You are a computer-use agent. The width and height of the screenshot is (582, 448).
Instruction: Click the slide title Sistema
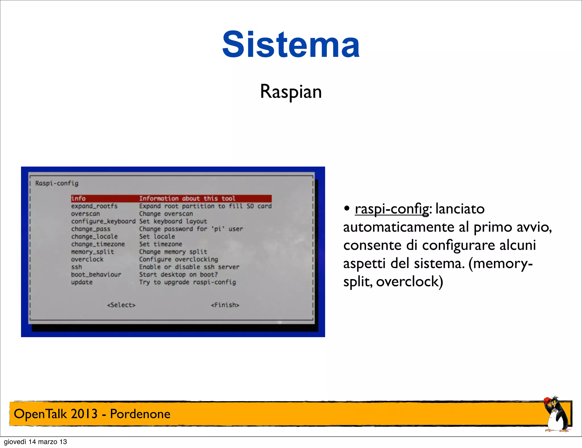291,45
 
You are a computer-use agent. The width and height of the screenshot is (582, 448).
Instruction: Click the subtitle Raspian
291,92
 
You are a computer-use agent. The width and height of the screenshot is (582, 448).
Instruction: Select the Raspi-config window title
57,183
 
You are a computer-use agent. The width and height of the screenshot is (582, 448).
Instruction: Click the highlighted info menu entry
78,198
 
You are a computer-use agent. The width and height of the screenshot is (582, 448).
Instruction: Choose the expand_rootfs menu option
94,206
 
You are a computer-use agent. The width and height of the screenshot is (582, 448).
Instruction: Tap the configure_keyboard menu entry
103,221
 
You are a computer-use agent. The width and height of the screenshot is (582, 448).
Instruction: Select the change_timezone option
98,244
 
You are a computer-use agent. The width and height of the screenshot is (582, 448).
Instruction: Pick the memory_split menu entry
92,252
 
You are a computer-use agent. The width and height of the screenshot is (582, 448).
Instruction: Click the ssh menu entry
76,267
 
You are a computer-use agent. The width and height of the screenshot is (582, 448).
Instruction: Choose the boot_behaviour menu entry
96,275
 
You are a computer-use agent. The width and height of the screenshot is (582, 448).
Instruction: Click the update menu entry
82,282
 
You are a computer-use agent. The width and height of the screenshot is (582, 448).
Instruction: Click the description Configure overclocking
178,259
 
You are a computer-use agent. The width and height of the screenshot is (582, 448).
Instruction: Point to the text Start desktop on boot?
178,275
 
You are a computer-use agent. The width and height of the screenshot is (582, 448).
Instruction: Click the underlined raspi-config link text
392,209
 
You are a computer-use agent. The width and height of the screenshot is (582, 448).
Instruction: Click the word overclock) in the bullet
410,282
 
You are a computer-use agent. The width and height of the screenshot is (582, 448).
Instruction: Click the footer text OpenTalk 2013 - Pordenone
92,414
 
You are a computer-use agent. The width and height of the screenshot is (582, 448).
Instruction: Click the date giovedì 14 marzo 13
35,442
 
